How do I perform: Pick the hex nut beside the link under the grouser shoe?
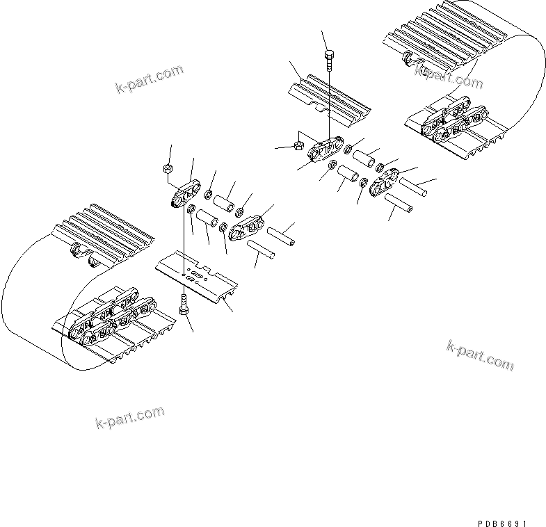tap(295, 146)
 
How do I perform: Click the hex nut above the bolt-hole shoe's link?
tap(168, 169)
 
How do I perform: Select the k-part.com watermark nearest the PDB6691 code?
tap(480, 355)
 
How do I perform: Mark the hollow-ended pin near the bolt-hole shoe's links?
tap(280, 235)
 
